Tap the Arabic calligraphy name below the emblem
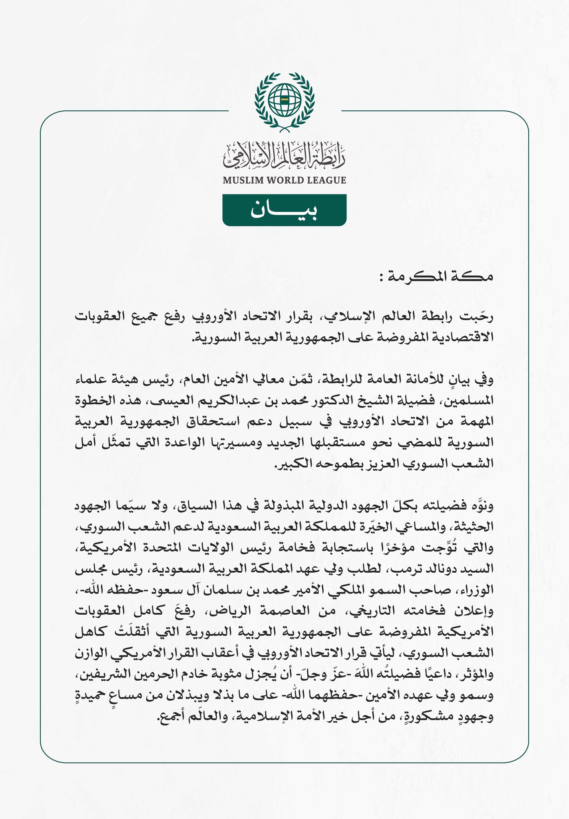(x=284, y=155)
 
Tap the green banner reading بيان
(x=284, y=210)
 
